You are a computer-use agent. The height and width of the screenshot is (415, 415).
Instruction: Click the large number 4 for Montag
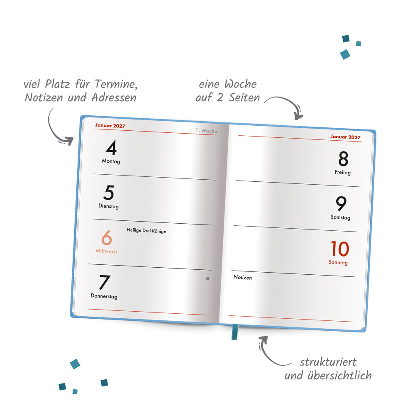coord(111,148)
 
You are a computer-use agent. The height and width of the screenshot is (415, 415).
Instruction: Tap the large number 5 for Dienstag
coord(109,193)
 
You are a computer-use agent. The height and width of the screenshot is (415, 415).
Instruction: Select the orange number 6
coord(107,238)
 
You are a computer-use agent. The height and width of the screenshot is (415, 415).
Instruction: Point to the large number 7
coord(104,283)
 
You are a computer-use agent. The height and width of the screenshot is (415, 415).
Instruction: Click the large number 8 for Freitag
coord(343,159)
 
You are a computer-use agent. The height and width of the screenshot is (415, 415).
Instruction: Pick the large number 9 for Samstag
coord(341,204)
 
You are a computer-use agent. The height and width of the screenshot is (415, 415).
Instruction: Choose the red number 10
coord(339,249)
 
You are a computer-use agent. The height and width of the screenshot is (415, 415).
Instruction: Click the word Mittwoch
coord(106,251)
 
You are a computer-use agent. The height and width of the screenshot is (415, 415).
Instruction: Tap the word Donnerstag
coord(104,296)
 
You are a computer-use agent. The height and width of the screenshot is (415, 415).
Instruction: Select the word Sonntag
coord(338,263)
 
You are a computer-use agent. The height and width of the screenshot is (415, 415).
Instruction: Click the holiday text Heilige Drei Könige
coord(146,231)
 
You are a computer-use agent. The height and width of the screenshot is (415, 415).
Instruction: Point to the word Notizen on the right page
coord(242,277)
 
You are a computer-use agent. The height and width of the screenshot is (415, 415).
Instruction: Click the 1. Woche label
coord(206,131)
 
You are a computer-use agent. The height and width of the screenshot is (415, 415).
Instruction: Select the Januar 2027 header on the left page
coord(110,125)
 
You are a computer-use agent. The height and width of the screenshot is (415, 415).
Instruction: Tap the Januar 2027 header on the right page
coord(345,137)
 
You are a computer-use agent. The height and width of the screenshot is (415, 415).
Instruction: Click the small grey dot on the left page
coord(208,279)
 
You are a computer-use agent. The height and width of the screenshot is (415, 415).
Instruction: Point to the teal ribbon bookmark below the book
coord(234,332)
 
